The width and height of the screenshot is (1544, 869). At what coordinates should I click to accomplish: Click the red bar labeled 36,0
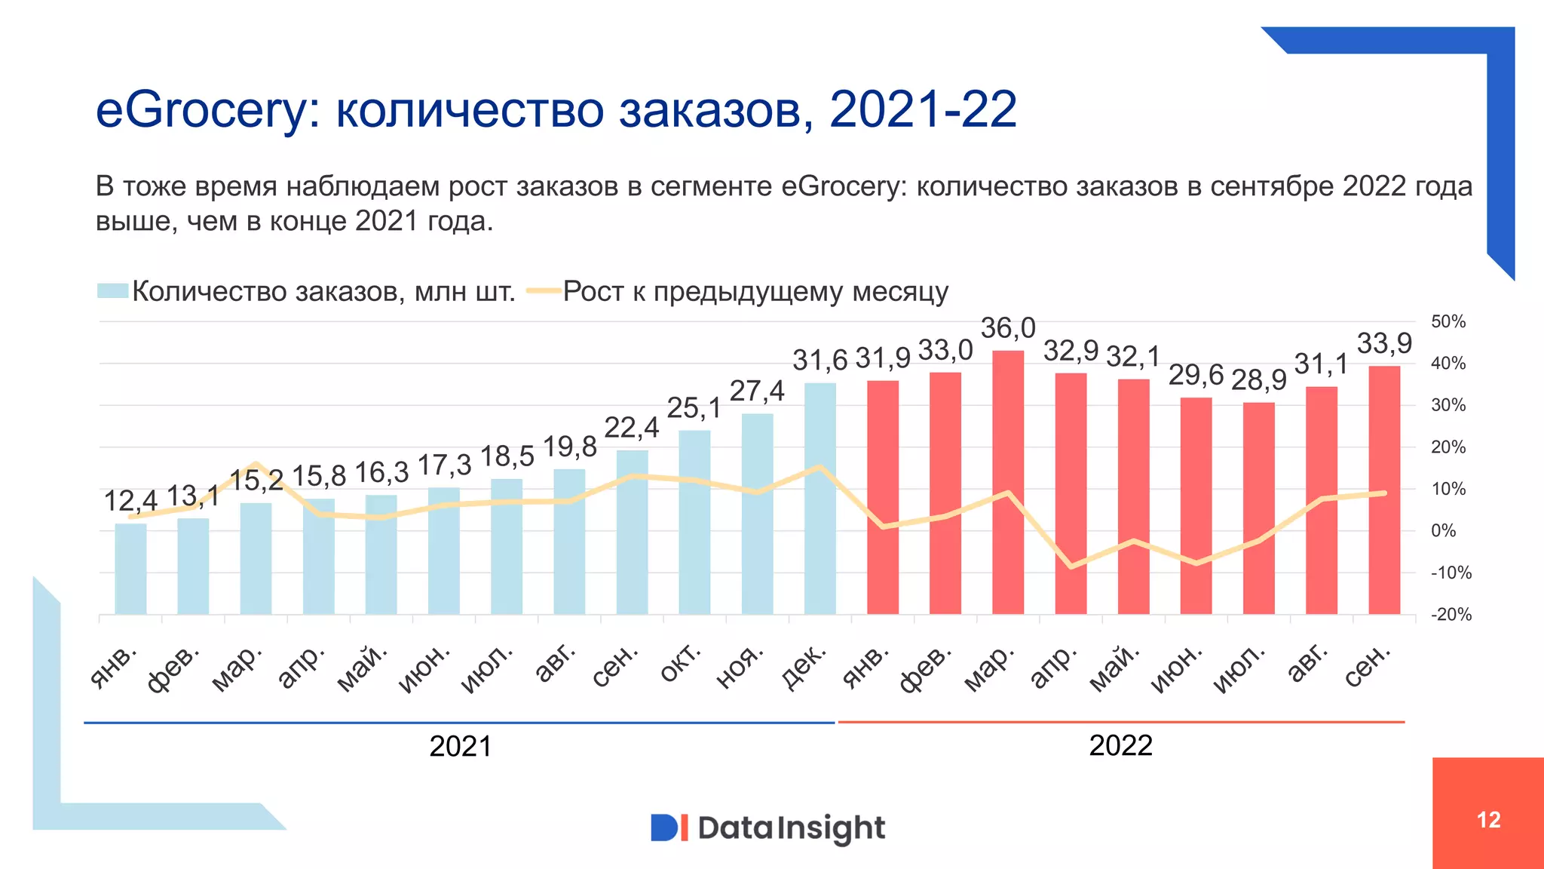click(1008, 483)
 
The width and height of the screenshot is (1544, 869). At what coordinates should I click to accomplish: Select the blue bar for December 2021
click(819, 498)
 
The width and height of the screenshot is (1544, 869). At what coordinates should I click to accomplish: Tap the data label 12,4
click(130, 501)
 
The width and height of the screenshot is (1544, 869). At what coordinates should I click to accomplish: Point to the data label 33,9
click(1384, 344)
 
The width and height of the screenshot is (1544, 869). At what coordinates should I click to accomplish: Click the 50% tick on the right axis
click(1447, 322)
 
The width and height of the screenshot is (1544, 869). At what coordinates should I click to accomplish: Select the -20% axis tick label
click(1451, 615)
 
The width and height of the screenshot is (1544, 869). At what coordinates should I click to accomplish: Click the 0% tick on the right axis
click(1443, 531)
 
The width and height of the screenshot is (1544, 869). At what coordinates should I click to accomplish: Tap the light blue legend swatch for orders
click(112, 291)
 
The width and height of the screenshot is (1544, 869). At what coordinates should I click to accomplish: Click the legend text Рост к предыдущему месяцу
click(755, 291)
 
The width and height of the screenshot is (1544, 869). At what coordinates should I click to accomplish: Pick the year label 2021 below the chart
click(460, 747)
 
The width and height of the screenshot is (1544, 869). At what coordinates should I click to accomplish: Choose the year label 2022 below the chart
click(1120, 746)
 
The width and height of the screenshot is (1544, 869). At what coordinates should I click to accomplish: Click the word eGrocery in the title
click(202, 110)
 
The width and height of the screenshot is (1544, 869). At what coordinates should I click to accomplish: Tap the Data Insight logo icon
click(669, 828)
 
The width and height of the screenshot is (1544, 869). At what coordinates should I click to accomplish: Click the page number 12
click(1488, 820)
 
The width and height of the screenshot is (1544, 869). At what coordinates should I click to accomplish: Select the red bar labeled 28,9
click(1258, 509)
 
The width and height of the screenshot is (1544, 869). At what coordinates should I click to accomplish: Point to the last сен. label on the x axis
click(1368, 665)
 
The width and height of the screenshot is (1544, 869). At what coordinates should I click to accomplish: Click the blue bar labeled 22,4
click(632, 532)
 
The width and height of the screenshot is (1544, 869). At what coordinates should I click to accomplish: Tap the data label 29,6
click(1196, 375)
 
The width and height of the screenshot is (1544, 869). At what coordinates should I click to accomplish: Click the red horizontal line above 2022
click(1120, 722)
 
